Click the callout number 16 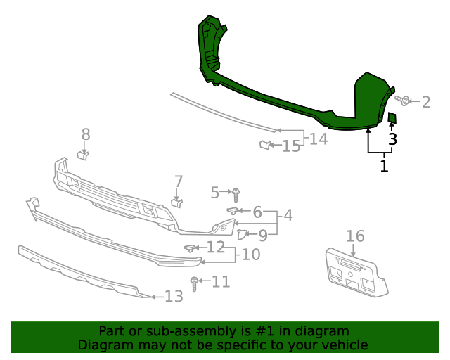355,236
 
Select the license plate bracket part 355,274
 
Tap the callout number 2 425,103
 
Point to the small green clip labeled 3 392,117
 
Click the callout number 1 383,167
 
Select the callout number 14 319,139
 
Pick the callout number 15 291,146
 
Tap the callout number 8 86,134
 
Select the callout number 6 257,212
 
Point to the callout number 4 288,215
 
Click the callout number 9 262,236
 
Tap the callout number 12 215,247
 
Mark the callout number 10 251,254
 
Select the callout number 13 174,296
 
